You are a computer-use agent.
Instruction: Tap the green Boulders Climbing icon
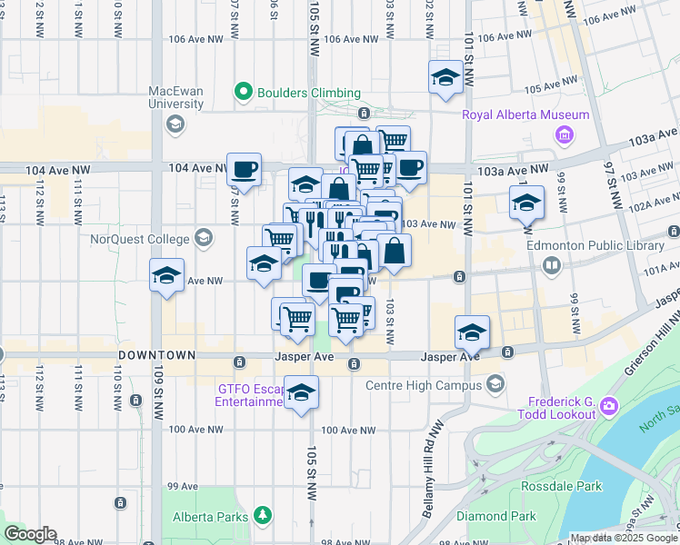pos(243,93)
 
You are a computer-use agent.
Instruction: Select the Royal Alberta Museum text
pos(526,114)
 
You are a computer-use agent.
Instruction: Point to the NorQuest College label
pos(139,240)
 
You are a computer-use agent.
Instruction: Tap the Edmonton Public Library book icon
pos(551,265)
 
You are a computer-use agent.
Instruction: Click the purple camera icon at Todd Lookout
pos(608,403)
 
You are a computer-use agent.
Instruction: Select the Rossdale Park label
pos(561,486)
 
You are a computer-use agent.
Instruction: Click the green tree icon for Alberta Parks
pos(263,516)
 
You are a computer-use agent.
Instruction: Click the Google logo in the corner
pos(30,534)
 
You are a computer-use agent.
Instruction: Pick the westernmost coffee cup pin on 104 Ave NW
pos(244,169)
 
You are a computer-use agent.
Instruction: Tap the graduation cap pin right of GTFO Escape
pos(301,393)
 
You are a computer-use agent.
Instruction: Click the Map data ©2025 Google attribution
pos(623,538)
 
